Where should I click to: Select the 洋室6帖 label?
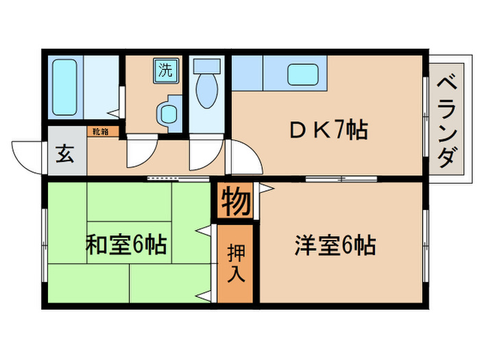[x=335, y=245]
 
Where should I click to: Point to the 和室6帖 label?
[x=126, y=245]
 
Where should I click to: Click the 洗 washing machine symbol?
[x=166, y=69]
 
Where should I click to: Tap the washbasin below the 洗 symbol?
[x=167, y=112]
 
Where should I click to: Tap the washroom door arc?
[x=141, y=152]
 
